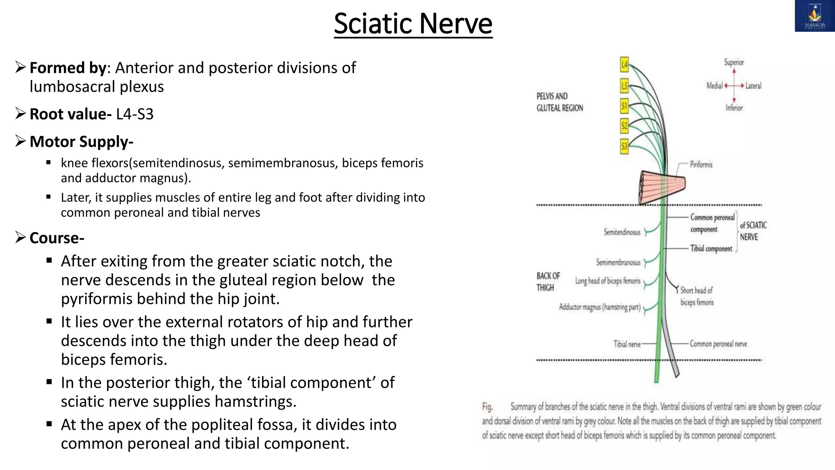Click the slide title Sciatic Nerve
click(x=413, y=24)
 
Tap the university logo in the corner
click(x=815, y=16)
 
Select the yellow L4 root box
click(x=624, y=64)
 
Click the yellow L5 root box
click(x=624, y=86)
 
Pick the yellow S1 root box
click(x=624, y=106)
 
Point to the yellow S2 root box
click(x=624, y=126)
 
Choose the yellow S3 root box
click(x=624, y=146)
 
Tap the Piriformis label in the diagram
click(x=701, y=164)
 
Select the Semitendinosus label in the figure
click(x=622, y=232)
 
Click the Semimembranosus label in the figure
click(x=618, y=262)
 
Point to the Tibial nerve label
click(x=627, y=344)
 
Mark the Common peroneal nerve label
click(x=718, y=344)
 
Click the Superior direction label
click(x=733, y=62)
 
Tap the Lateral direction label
click(x=753, y=86)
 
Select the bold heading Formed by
click(x=68, y=68)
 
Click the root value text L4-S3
click(x=135, y=114)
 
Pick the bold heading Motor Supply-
click(x=81, y=142)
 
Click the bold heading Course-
click(x=57, y=238)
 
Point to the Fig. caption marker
click(x=487, y=407)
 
